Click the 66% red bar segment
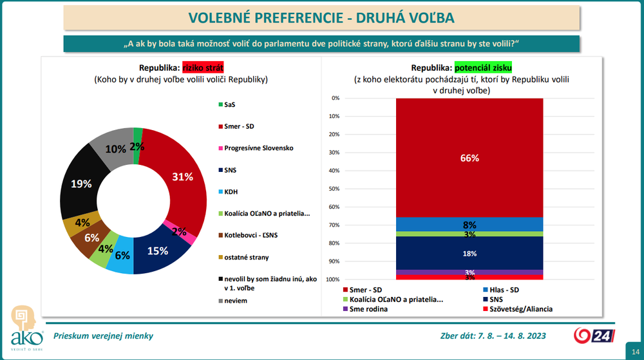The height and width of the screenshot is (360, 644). [469, 158]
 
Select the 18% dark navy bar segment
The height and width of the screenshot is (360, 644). [469, 254]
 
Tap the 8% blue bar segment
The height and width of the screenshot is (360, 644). [469, 225]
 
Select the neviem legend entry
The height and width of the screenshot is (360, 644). [236, 301]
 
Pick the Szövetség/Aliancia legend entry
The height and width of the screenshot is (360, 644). [521, 308]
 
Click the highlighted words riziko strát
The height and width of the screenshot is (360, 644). [203, 68]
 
